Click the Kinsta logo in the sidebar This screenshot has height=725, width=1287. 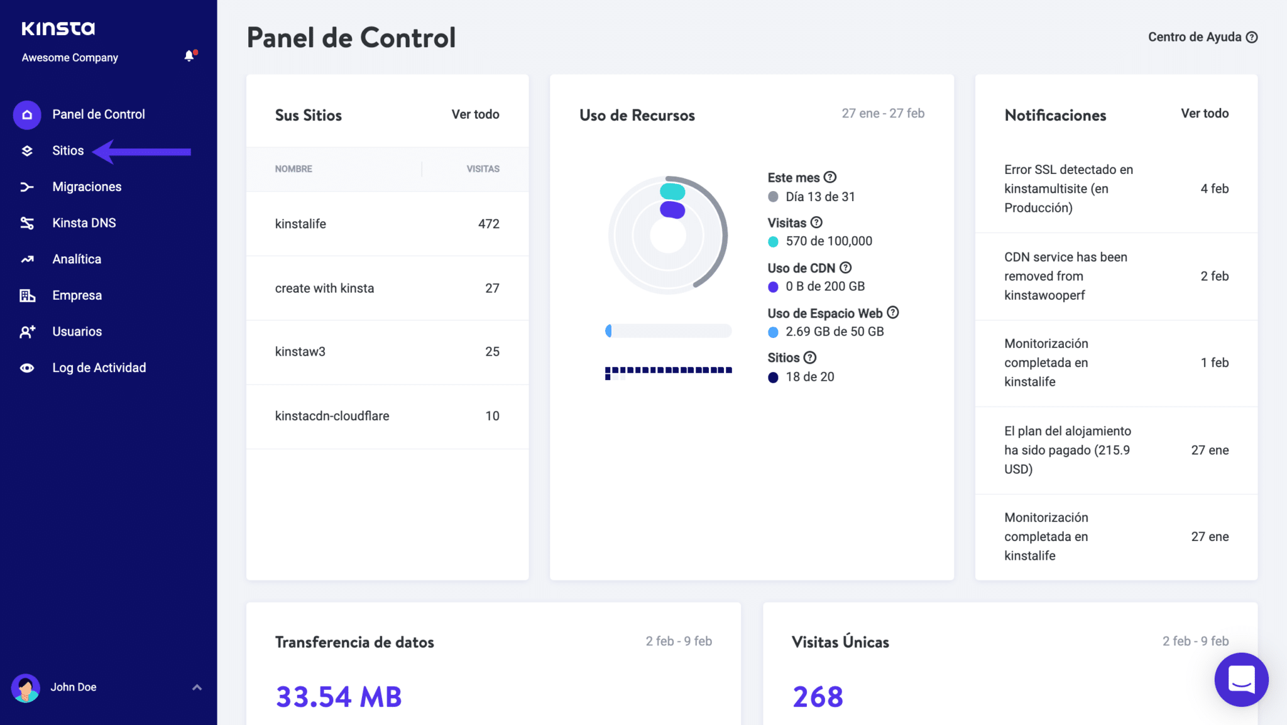click(58, 28)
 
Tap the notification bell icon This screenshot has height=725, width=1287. click(189, 57)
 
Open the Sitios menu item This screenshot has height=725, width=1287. click(68, 151)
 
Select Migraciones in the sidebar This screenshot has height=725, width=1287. click(87, 187)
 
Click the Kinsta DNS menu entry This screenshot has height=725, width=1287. click(84, 223)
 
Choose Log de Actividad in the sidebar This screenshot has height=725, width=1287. click(99, 368)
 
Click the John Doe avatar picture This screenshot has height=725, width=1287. click(26, 688)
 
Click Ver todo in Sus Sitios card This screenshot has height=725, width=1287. click(475, 114)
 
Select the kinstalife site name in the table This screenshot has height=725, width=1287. click(300, 224)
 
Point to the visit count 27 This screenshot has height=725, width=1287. click(492, 288)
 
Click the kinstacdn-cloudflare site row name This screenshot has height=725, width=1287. click(332, 416)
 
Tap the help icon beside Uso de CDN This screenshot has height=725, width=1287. click(846, 268)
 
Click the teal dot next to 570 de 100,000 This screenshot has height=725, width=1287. click(773, 242)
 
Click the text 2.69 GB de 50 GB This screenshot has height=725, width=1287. click(835, 332)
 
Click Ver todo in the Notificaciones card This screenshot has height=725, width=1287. click(1205, 114)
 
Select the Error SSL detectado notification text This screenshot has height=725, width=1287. click(1068, 188)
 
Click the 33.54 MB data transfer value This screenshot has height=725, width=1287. click(339, 697)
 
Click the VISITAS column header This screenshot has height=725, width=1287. click(483, 169)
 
